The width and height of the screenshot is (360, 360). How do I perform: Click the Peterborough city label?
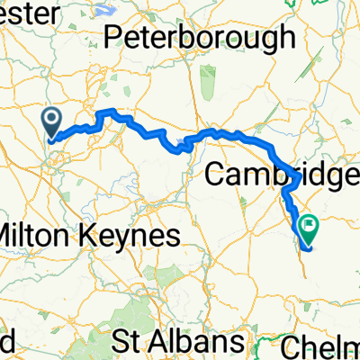[x=199, y=37]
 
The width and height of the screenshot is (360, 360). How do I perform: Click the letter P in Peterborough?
[x=112, y=37]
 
